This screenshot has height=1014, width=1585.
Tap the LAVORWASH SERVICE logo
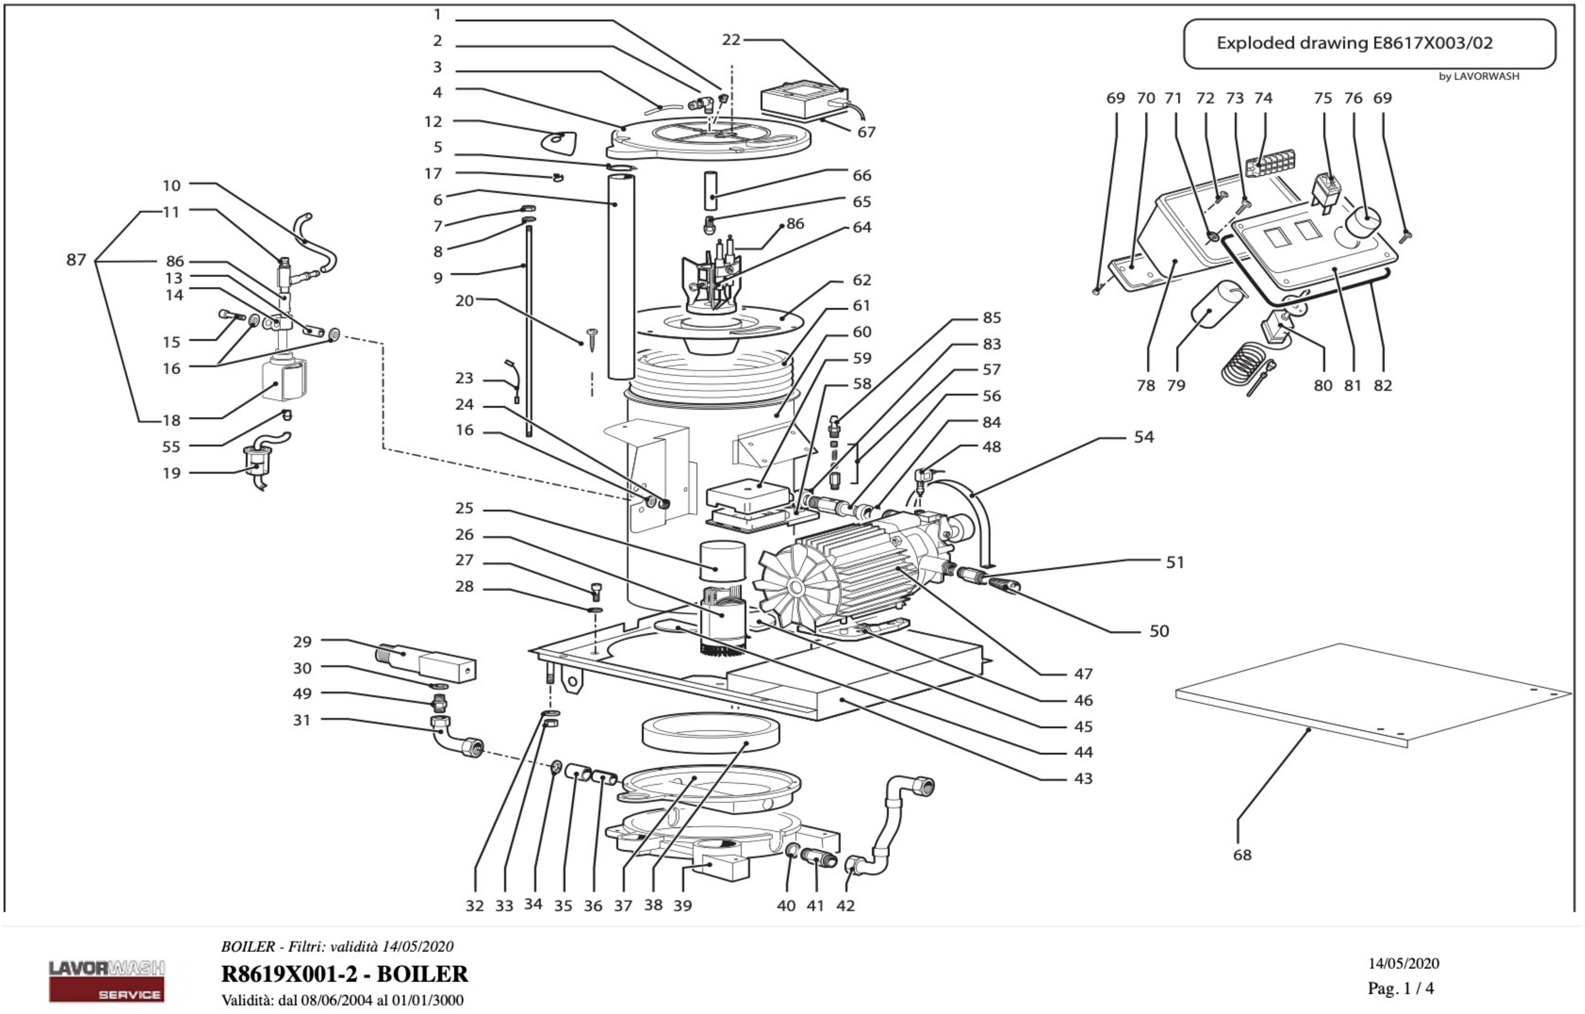(107, 980)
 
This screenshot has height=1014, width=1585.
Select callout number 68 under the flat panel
(1242, 855)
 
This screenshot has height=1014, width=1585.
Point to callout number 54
(1144, 437)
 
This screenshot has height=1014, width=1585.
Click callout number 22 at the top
(731, 40)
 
